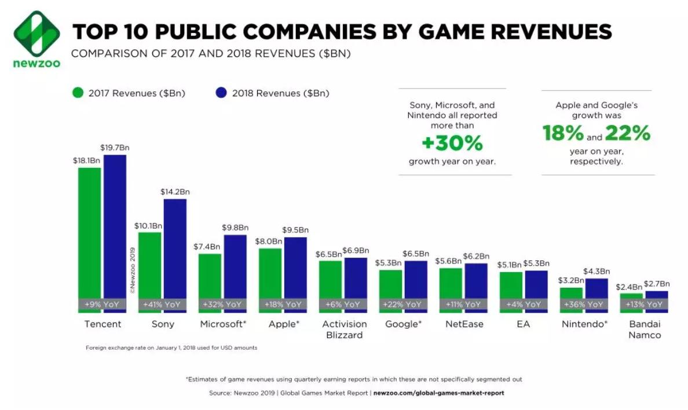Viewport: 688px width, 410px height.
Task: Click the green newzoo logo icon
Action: [36, 33]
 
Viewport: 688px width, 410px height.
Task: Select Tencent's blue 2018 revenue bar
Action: [115, 226]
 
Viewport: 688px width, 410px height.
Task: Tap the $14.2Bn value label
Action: [175, 191]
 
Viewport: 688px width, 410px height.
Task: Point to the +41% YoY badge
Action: [163, 304]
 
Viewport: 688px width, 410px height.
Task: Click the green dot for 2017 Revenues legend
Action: [78, 93]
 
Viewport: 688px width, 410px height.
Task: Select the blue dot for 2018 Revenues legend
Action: [221, 93]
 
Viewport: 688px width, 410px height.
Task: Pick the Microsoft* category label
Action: [223, 324]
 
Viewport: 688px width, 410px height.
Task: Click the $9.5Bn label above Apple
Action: [295, 230]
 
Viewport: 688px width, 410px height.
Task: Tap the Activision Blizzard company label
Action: [344, 329]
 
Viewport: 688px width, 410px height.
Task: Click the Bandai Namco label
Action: [645, 329]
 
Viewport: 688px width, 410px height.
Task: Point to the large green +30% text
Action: [452, 142]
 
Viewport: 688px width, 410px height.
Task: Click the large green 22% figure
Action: [628, 134]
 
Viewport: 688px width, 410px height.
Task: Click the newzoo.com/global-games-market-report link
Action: [438, 393]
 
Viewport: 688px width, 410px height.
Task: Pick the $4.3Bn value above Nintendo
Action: [596, 271]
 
